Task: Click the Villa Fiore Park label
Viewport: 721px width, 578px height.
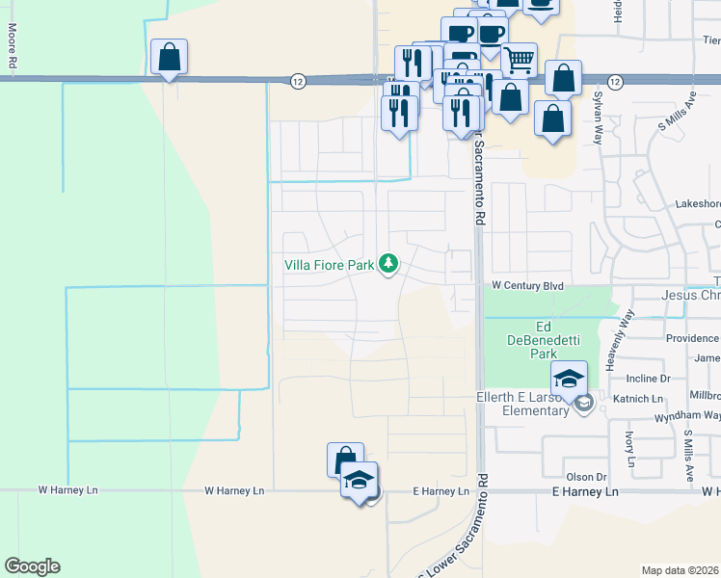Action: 328,263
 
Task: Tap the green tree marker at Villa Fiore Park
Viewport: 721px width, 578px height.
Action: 388,262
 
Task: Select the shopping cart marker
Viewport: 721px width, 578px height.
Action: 519,60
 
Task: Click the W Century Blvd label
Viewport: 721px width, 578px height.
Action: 526,286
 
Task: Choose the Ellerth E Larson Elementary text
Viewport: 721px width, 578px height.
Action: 522,405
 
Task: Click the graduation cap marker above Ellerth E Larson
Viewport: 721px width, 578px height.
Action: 569,378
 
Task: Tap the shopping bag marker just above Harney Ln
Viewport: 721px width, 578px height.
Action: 344,460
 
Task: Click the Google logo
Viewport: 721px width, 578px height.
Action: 32,566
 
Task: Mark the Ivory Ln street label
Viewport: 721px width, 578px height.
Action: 629,449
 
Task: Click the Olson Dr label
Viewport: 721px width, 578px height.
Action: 585,476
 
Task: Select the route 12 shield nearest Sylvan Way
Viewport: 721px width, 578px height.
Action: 614,82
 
